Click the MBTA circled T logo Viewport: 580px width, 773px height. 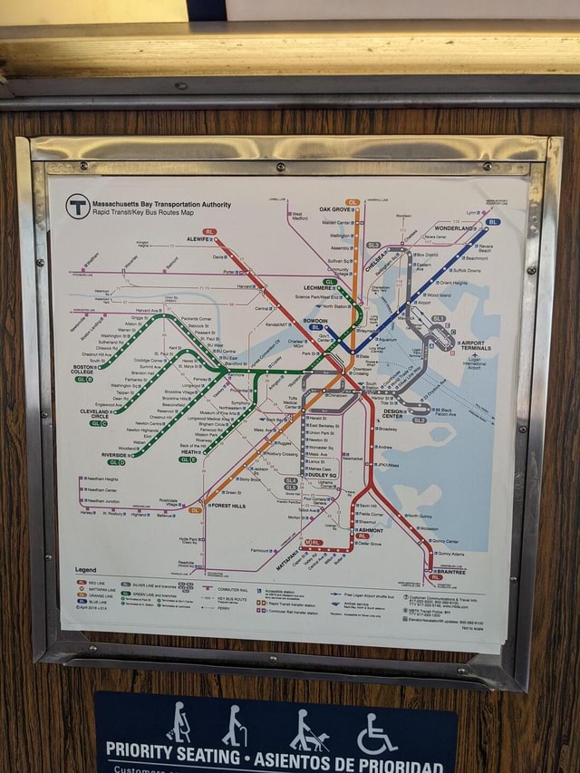tap(78, 207)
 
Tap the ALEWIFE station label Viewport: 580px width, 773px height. tap(198, 239)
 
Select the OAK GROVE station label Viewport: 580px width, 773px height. tap(335, 209)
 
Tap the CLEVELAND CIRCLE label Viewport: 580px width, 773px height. tap(94, 414)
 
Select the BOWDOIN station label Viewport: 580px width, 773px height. tap(315, 321)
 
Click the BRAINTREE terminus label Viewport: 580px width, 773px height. tap(450, 572)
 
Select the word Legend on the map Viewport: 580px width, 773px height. tap(86, 569)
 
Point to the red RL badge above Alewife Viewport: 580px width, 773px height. tap(210, 232)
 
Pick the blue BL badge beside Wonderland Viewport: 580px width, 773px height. tap(493, 221)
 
